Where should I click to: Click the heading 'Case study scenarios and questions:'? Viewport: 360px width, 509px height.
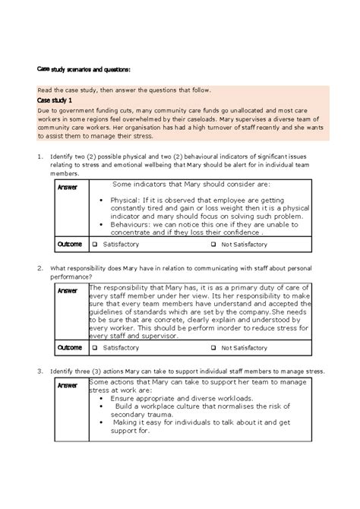click(x=84, y=70)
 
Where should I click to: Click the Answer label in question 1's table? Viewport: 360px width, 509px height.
click(x=68, y=188)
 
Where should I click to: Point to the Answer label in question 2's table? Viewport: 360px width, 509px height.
click(x=68, y=290)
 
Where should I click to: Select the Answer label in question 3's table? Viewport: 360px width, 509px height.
click(x=68, y=386)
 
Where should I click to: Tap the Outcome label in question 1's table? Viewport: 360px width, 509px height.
click(x=71, y=244)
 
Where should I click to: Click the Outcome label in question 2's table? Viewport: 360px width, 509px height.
click(x=71, y=347)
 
